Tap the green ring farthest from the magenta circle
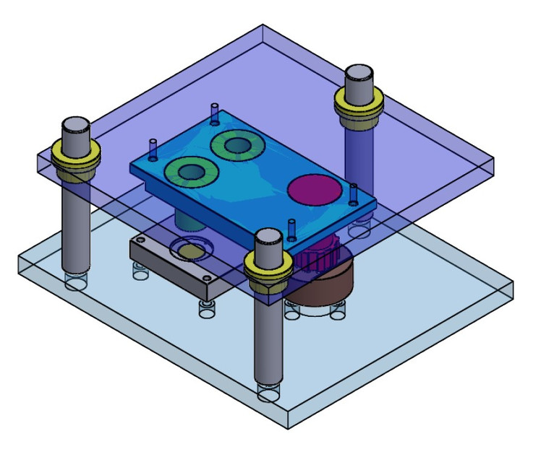(x=191, y=172)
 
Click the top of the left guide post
(x=75, y=125)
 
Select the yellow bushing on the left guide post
(x=75, y=155)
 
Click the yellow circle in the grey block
(x=192, y=251)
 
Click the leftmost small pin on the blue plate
(x=153, y=148)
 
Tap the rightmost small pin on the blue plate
(x=353, y=193)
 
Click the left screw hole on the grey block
(x=142, y=239)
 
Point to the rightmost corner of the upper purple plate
(x=495, y=171)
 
